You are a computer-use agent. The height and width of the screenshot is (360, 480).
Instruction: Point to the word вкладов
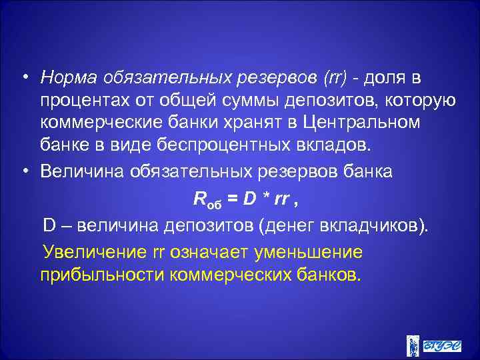333,146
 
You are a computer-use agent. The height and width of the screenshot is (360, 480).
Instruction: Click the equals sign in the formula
234,198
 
